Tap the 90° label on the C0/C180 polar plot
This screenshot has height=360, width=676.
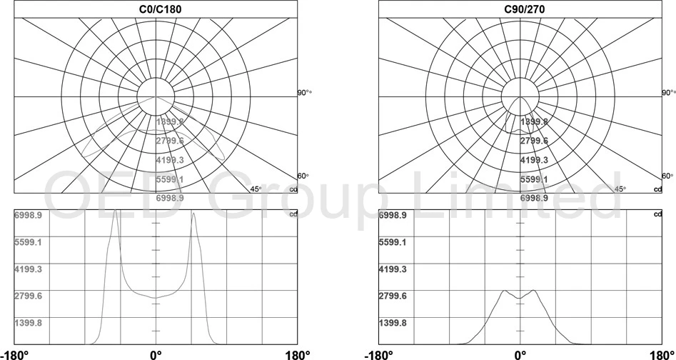(x=304, y=93)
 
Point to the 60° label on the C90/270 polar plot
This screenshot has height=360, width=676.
(x=668, y=176)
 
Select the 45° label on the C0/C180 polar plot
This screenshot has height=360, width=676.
(x=256, y=189)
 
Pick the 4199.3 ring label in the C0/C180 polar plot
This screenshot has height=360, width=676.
(x=170, y=160)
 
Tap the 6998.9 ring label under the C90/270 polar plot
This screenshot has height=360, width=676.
(x=534, y=198)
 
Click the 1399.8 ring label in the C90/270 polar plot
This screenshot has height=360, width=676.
(x=534, y=121)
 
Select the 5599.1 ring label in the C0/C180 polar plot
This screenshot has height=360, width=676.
(x=170, y=179)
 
